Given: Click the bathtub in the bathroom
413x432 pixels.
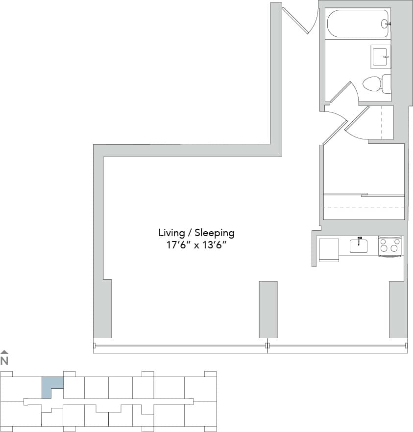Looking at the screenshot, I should [358, 23].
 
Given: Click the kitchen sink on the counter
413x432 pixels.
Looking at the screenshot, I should [359, 245].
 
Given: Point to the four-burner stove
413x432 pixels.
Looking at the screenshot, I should [390, 245].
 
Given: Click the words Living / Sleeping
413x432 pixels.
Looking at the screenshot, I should [196, 232].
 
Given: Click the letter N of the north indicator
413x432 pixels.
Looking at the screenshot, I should [4, 361].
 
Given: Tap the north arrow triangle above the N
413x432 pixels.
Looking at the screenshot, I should [4, 351].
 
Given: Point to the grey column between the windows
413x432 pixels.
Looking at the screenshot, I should [268, 309].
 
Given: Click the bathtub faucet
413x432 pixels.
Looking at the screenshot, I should [387, 23].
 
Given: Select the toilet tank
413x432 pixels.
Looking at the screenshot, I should [387, 84].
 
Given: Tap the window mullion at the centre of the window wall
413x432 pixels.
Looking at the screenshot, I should [267, 346].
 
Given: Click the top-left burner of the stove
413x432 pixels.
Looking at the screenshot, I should [385, 241].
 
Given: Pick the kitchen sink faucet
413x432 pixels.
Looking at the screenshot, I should [359, 241].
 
